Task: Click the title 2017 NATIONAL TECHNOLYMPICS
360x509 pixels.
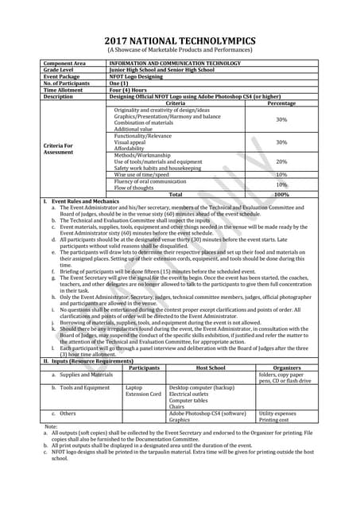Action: (180, 41)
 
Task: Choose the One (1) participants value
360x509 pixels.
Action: (118, 83)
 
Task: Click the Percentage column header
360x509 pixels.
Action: (281, 103)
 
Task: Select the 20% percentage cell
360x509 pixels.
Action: (281, 161)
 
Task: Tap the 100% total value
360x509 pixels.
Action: (281, 194)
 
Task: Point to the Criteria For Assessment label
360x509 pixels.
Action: (61, 149)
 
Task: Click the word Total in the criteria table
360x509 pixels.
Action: (176, 194)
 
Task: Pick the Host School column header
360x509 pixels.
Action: (211, 367)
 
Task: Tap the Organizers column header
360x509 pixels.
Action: (286, 367)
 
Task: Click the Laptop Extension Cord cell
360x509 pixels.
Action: (143, 390)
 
